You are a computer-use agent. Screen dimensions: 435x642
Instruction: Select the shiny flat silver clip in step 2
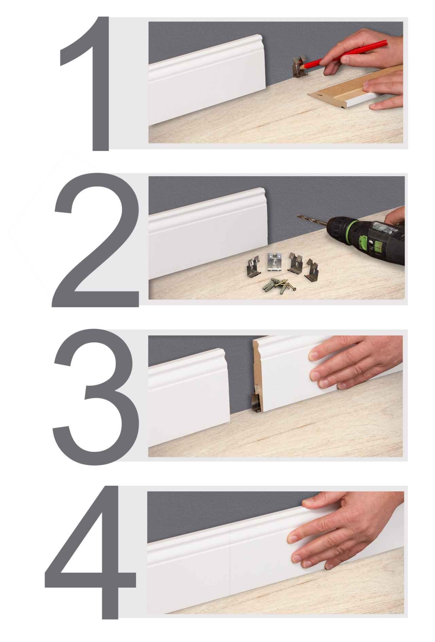click(275, 261)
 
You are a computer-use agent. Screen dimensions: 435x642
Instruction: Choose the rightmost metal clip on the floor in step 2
click(312, 270)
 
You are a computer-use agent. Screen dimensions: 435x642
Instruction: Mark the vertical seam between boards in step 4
click(230, 560)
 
